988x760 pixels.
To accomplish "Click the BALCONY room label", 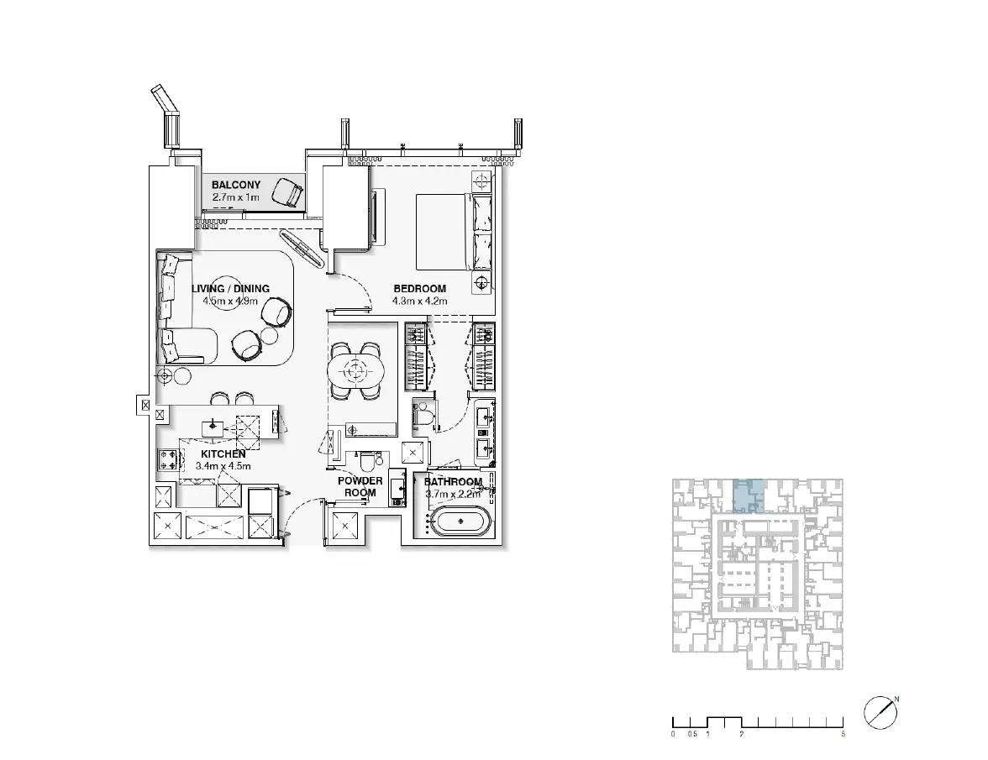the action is point(235,185).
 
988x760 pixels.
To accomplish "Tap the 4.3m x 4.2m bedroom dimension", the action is point(420,301).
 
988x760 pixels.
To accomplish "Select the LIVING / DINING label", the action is point(230,289).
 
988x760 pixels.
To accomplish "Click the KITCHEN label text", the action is point(223,454).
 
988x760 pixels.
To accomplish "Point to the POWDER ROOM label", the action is point(360,487).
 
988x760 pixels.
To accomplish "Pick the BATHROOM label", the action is point(453,482).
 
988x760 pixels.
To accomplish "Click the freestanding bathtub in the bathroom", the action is point(461,522).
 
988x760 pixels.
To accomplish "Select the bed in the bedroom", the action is point(445,232).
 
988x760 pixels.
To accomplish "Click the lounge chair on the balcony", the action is point(288,191).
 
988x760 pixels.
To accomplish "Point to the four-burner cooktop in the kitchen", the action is point(168,459).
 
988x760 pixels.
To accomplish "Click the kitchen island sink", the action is point(213,427).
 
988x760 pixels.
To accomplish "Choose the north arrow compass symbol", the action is point(880,713).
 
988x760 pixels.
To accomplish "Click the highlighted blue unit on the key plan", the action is point(749,495).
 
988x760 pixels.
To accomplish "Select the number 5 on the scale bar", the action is point(843,734).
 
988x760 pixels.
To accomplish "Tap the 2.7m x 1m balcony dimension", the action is point(235,197).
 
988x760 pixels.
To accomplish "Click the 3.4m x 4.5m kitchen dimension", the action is point(223,467).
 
